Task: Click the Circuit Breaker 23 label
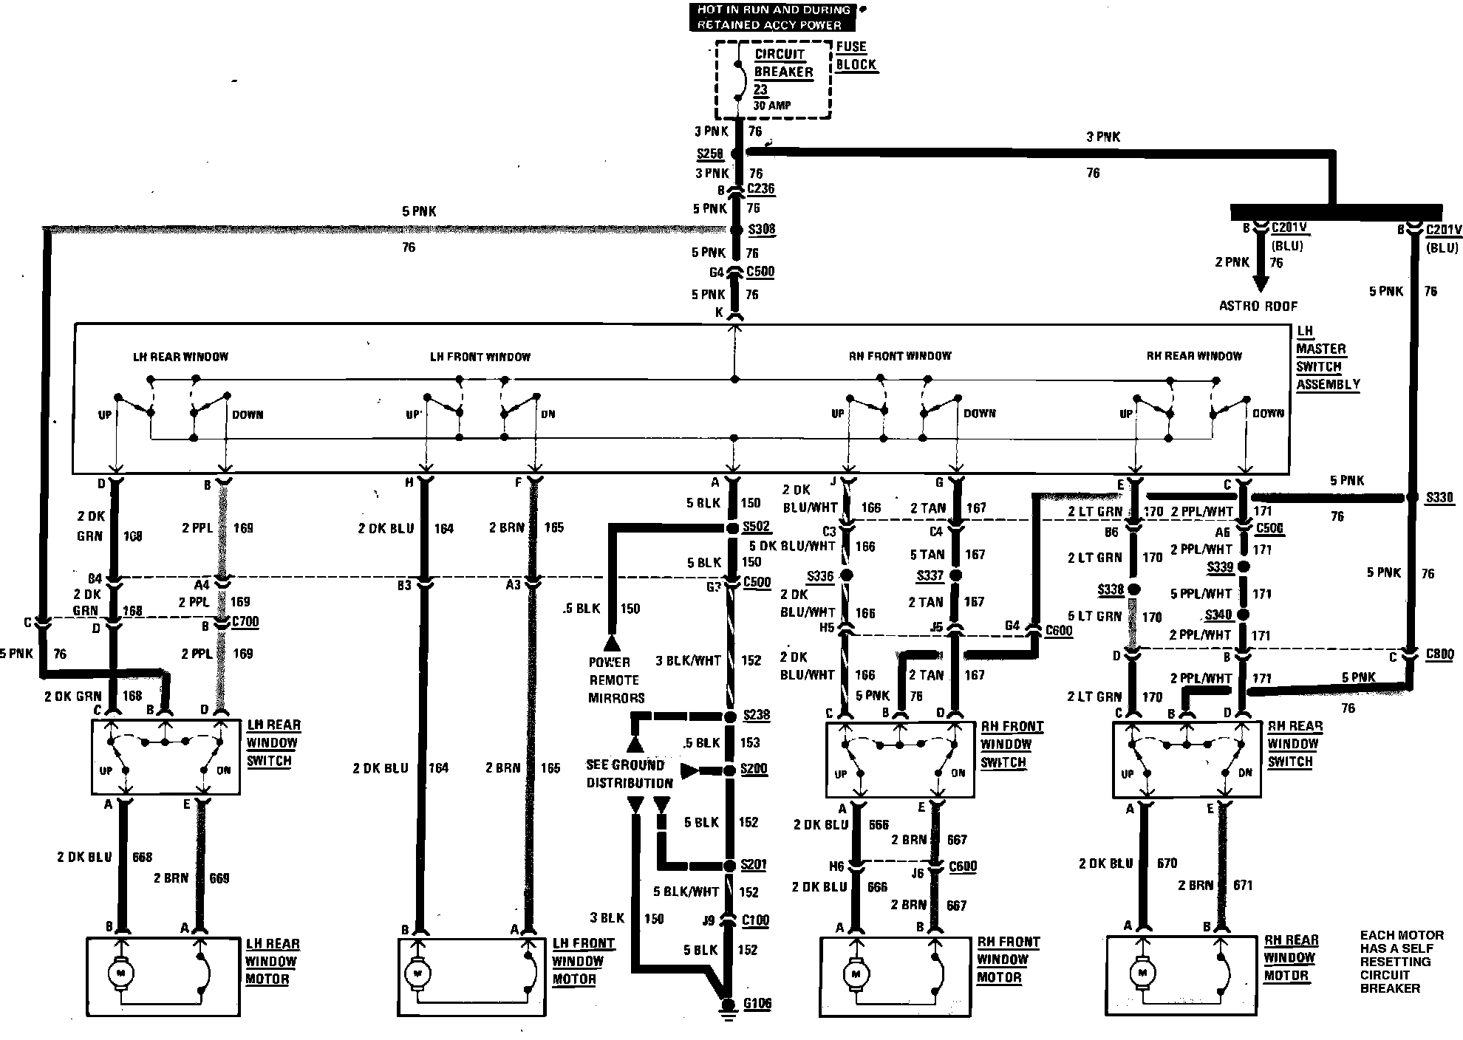click(782, 72)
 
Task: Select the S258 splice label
click(710, 154)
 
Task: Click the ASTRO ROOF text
click(1258, 306)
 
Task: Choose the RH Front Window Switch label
click(1011, 745)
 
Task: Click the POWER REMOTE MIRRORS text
click(616, 680)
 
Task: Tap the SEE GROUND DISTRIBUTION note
click(630, 774)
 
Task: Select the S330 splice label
click(1439, 498)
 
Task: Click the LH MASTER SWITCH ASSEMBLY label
click(1327, 357)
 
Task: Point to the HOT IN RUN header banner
click(772, 17)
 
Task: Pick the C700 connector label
click(245, 621)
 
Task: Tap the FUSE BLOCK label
click(856, 55)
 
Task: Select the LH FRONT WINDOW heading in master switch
click(480, 357)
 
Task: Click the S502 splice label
click(756, 527)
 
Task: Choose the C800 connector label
click(1439, 654)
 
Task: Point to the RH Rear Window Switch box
click(1186, 760)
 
